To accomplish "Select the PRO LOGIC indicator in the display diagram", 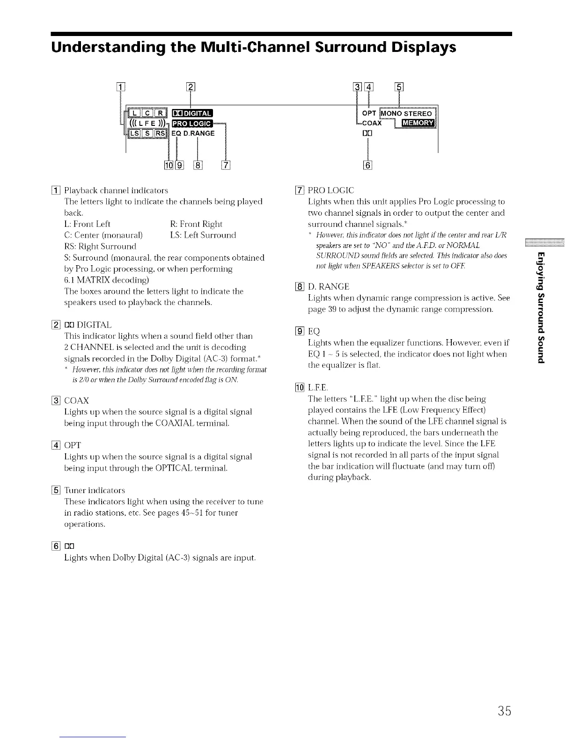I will click(x=192, y=123).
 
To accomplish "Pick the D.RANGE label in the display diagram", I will click(x=198, y=133).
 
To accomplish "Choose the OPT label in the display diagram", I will click(x=369, y=114).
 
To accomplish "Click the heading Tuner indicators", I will click(x=95, y=490).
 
